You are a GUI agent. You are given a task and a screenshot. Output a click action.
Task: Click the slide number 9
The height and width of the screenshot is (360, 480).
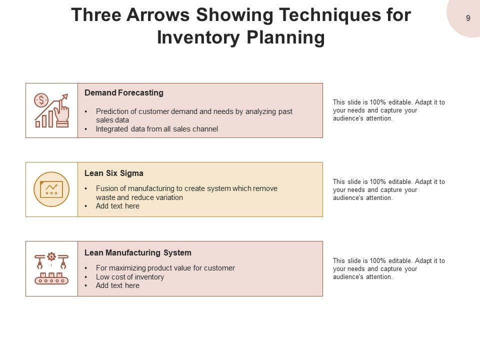(468, 18)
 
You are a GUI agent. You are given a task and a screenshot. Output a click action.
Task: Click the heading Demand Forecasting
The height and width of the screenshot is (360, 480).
(124, 93)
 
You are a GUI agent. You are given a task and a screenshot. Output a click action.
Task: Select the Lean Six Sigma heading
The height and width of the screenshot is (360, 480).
(114, 173)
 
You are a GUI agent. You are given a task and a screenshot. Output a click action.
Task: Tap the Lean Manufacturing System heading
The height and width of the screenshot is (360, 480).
(138, 252)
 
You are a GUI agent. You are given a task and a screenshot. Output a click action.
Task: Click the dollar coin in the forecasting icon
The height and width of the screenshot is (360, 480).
(41, 100)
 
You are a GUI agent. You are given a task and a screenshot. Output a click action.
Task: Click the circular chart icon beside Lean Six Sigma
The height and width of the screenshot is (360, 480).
(51, 189)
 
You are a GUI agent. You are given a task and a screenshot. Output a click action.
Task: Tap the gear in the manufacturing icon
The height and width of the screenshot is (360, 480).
(51, 256)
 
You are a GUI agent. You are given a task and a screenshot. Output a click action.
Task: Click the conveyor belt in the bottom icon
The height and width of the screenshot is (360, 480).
(51, 280)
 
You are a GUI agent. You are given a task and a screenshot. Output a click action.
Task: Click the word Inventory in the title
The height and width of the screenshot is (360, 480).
(198, 37)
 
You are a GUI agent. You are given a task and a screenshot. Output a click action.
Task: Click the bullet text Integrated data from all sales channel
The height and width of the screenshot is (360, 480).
(156, 129)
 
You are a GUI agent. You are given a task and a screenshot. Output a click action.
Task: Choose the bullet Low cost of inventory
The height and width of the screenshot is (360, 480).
(130, 276)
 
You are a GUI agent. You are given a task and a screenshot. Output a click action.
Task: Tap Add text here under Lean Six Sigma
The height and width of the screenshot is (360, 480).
(117, 206)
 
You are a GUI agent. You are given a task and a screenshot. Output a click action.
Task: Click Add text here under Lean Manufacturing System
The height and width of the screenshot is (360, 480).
(117, 285)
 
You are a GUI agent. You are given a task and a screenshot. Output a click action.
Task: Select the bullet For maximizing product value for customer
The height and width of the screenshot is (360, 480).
(165, 268)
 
